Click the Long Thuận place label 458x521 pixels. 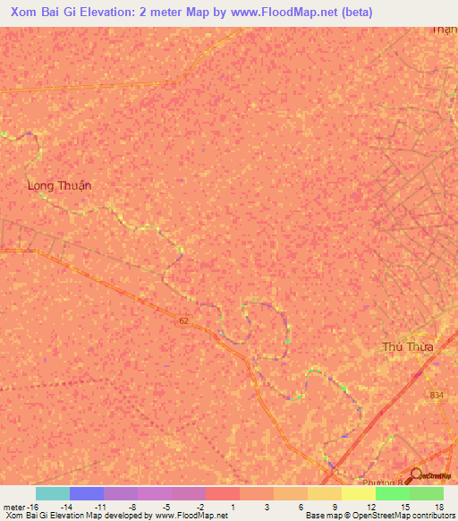coord(60,185)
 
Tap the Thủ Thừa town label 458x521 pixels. coord(407,347)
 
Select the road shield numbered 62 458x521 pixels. coord(183,320)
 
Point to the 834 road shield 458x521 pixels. coord(437,395)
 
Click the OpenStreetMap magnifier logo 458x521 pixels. coord(416,477)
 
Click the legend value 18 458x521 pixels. coord(438,506)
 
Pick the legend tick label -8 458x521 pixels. coord(132,506)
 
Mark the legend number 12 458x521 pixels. coord(370,506)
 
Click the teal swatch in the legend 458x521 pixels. coord(52,493)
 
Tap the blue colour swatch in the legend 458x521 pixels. coord(86,493)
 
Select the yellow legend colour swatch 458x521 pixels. coord(358,493)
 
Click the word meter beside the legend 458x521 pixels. coord(12,506)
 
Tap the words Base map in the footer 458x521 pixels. coord(320,516)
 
